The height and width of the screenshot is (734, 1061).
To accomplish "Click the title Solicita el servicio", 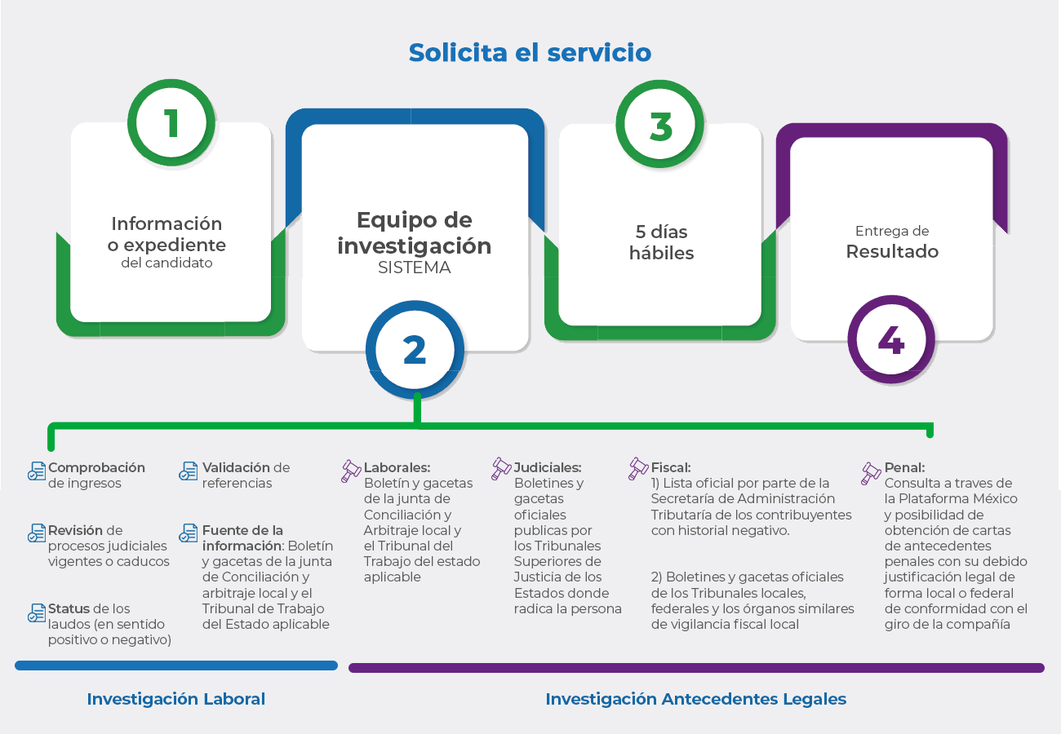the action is click(x=530, y=52).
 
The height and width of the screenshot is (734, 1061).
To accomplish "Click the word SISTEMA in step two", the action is click(x=415, y=268).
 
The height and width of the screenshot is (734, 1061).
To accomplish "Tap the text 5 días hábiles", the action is click(x=661, y=242).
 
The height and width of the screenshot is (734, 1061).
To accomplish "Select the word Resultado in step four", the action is click(x=892, y=251).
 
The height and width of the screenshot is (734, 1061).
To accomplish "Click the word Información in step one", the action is click(x=166, y=223).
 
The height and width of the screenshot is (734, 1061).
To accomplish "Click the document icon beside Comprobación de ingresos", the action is click(x=37, y=471).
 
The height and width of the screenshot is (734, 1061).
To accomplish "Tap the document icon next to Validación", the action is click(x=189, y=471).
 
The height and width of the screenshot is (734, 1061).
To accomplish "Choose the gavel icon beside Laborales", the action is click(x=351, y=471).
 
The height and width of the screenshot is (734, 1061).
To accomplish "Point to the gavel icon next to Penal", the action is click(x=871, y=473).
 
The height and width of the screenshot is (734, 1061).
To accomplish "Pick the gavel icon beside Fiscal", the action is click(x=638, y=469).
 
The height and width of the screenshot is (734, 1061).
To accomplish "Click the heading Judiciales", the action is click(x=548, y=467).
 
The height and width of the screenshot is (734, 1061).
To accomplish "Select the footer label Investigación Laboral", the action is click(x=175, y=699).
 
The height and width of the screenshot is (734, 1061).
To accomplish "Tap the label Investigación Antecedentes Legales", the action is click(x=696, y=699).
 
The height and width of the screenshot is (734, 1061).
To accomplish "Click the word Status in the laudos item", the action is click(x=67, y=608).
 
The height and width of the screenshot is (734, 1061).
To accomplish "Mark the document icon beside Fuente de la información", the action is click(x=189, y=533).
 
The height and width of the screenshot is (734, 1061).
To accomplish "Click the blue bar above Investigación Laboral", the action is click(x=176, y=665).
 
